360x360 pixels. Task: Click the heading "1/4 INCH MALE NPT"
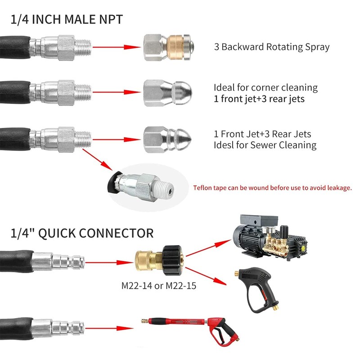tap(67, 19)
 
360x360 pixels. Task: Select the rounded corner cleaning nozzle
tap(167, 93)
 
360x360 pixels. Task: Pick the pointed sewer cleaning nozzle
tap(167, 139)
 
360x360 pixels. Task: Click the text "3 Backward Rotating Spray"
tap(272, 47)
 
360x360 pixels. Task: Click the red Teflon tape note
tap(272, 188)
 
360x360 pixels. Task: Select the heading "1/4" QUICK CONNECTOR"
tap(82, 233)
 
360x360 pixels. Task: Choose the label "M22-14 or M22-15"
tap(159, 286)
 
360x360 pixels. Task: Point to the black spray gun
tap(257, 290)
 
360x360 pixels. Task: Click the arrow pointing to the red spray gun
tap(109, 328)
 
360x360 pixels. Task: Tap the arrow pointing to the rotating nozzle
tap(117, 47)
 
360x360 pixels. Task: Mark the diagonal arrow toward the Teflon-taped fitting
tap(97, 160)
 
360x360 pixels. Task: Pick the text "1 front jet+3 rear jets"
tap(259, 99)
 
